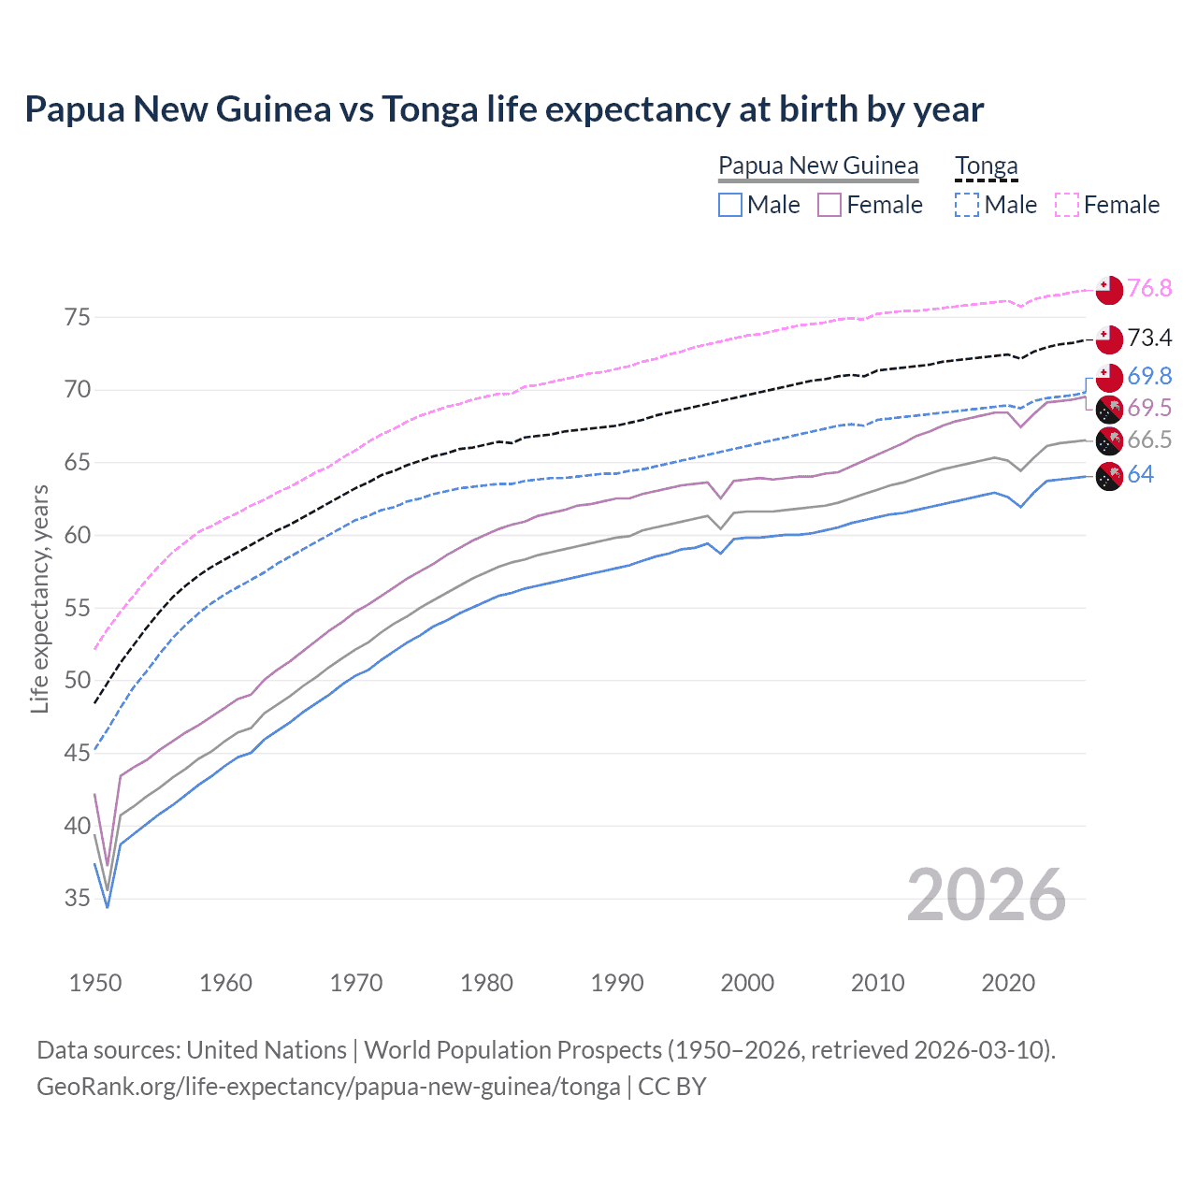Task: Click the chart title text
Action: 504,109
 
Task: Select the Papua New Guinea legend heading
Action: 818,166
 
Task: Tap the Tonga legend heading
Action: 986,166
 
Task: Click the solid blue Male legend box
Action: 730,205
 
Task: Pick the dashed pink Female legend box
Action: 1067,205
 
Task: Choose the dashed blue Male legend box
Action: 967,205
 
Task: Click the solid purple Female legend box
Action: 829,205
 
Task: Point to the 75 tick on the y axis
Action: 78,317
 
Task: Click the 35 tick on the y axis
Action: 78,899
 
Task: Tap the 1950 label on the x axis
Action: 95,983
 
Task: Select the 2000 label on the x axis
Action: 747,983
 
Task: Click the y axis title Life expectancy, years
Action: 39,598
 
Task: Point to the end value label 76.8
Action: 1149,288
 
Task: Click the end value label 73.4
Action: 1149,338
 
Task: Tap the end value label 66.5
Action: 1149,440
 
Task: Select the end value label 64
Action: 1140,474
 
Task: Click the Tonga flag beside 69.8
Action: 1108,377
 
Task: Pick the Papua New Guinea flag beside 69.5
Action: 1108,409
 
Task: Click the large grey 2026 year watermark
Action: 987,895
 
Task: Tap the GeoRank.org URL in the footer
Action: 328,1087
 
